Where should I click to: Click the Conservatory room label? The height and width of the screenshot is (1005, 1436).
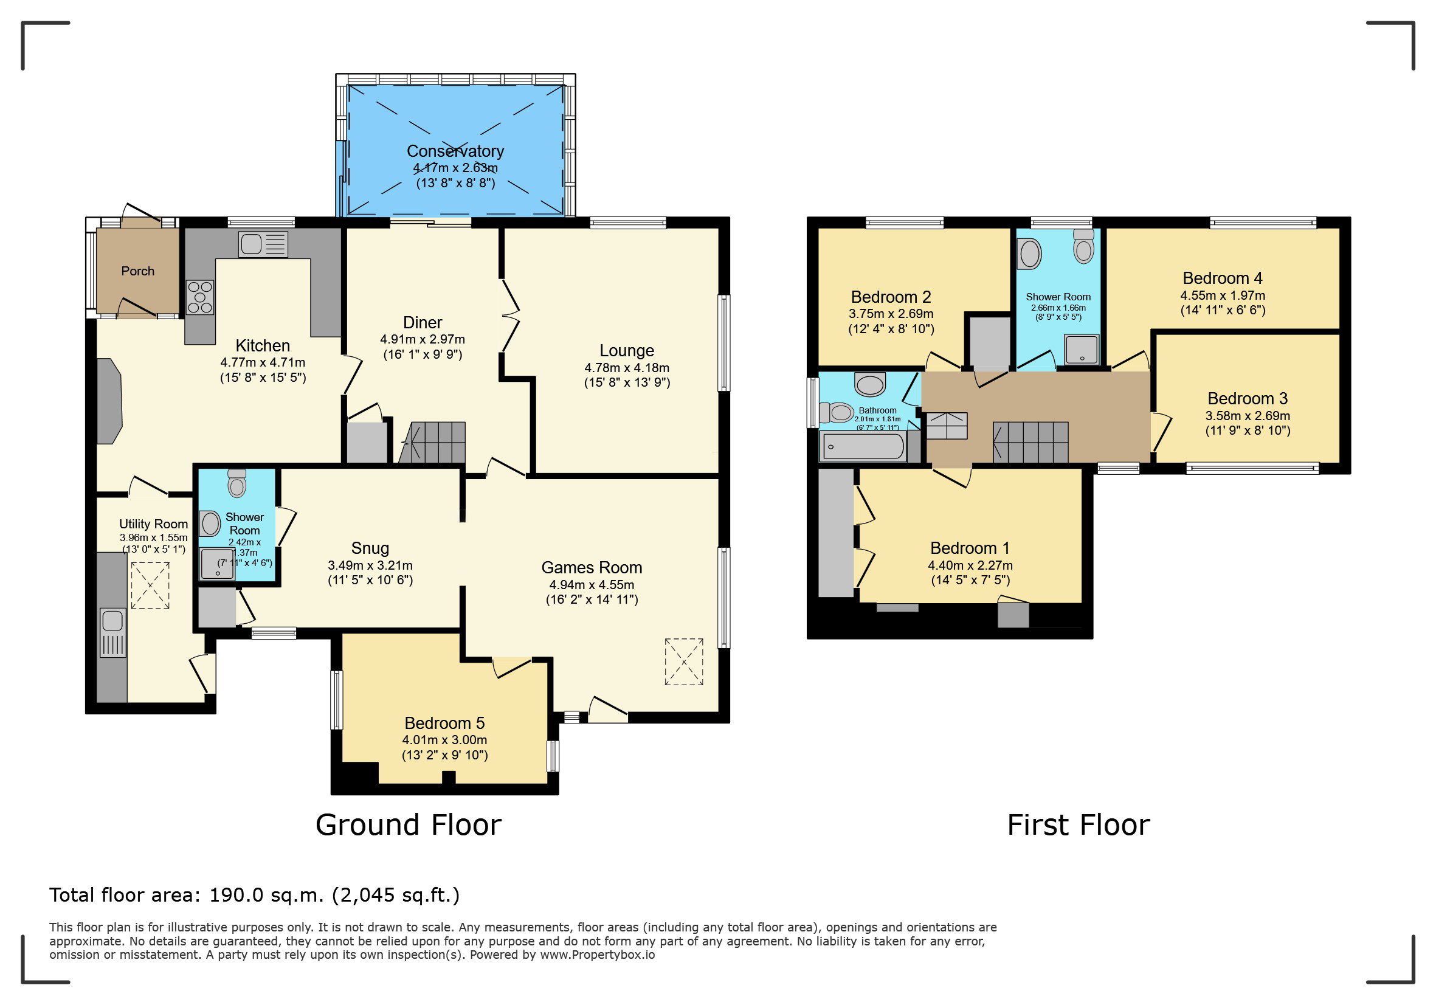click(455, 151)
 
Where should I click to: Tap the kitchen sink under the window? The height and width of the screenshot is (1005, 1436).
click(263, 244)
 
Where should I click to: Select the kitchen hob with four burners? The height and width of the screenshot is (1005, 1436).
click(200, 297)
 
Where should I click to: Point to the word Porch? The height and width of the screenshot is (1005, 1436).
click(137, 271)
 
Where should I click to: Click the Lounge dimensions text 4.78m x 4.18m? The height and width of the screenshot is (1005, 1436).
click(627, 368)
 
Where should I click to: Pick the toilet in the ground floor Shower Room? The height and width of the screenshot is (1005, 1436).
click(237, 483)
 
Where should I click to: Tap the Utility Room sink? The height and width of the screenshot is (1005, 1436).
click(112, 632)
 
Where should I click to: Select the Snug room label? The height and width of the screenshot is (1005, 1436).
click(370, 548)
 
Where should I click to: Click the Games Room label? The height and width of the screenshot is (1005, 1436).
click(592, 568)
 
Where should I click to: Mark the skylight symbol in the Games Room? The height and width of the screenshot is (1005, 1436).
click(683, 662)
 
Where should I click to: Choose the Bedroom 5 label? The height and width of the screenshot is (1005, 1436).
click(444, 724)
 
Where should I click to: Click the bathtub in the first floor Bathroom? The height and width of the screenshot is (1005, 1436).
click(864, 446)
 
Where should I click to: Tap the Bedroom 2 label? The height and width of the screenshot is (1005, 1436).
click(891, 297)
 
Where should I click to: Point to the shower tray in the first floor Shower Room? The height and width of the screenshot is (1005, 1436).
click(1082, 350)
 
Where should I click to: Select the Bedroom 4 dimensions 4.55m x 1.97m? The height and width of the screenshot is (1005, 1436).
click(1223, 296)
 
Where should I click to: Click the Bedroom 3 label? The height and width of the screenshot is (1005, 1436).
click(1248, 399)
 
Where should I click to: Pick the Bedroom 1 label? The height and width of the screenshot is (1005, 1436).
click(970, 548)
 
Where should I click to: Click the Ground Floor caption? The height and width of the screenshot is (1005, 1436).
click(409, 825)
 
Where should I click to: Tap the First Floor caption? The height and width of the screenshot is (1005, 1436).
click(1079, 825)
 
